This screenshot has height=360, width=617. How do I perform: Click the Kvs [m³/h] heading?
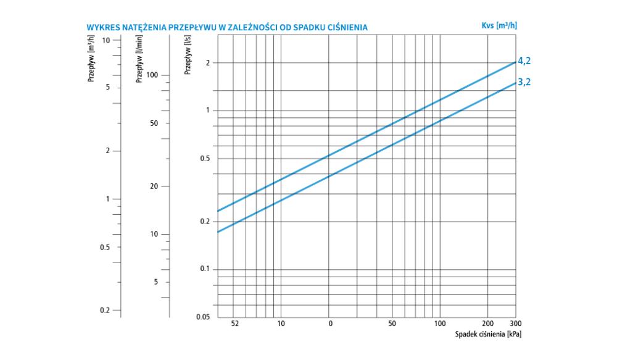click(x=499, y=25)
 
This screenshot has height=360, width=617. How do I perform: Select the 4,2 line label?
click(x=524, y=61)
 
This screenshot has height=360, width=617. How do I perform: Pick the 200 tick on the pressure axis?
click(x=487, y=323)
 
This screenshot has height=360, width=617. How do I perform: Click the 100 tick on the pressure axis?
click(x=439, y=323)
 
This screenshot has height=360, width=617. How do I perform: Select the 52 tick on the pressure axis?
click(x=234, y=323)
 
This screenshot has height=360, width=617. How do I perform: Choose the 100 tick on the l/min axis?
click(x=152, y=75)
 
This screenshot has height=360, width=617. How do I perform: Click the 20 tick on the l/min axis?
click(x=155, y=186)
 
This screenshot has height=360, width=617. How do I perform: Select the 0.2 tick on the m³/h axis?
click(x=105, y=310)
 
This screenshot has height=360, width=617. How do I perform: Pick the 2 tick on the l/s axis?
click(x=208, y=63)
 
